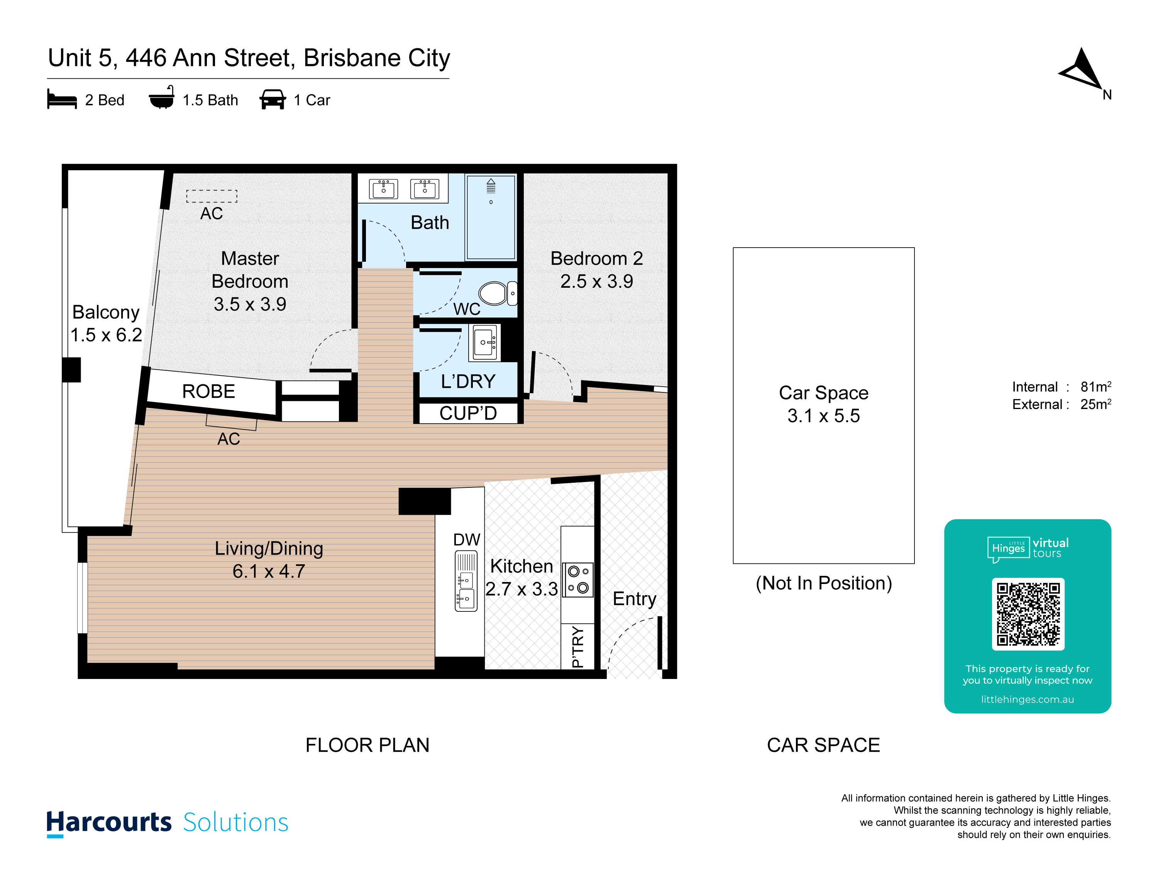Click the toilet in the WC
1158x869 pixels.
[x=497, y=293]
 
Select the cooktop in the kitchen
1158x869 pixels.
[x=578, y=580]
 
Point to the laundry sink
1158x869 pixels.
[x=485, y=343]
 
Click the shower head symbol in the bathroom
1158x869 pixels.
[x=491, y=186]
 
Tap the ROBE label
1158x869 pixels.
[x=208, y=391]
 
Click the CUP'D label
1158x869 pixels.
[x=468, y=413]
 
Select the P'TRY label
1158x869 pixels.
[x=578, y=647]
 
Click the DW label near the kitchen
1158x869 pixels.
[x=466, y=540]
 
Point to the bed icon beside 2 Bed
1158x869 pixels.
[x=62, y=98]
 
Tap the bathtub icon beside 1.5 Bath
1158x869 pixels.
[x=162, y=97]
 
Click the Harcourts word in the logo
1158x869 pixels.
[x=109, y=822]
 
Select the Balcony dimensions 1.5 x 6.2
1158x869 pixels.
[x=106, y=335]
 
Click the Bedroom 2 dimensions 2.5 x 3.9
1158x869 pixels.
[x=597, y=281]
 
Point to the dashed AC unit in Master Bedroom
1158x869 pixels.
[x=212, y=196]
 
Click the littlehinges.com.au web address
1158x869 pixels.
[x=1027, y=699]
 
